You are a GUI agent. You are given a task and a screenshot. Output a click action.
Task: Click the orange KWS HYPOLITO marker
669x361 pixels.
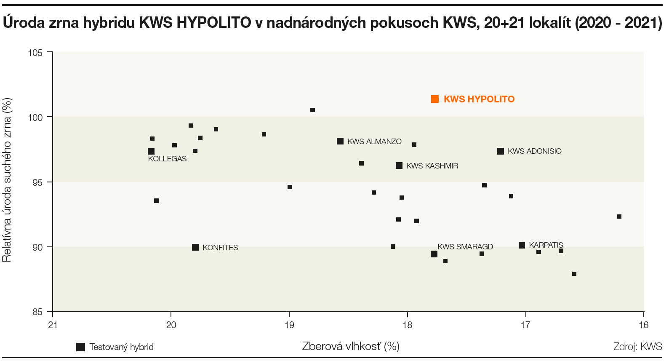435,99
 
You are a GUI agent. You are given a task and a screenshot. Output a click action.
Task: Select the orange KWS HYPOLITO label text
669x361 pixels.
479,99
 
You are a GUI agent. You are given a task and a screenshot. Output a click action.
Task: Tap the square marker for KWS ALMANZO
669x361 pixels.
340,141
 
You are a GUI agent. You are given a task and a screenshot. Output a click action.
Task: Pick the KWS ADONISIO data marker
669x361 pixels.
501,151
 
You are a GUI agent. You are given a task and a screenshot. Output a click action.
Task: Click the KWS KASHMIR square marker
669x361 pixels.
399,166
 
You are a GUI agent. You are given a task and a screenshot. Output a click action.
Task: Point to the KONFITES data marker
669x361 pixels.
195,247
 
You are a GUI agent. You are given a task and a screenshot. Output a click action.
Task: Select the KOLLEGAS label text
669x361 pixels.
167,159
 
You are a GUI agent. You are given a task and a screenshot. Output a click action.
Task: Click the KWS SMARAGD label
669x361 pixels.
465,247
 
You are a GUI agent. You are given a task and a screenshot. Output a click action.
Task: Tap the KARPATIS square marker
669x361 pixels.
522,245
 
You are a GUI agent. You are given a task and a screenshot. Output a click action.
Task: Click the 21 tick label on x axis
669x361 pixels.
53,325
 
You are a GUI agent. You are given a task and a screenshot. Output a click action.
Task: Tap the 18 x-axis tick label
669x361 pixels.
407,325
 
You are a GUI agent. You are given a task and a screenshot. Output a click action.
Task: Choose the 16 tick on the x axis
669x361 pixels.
643,325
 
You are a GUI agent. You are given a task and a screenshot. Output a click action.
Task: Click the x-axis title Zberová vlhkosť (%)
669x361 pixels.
351,346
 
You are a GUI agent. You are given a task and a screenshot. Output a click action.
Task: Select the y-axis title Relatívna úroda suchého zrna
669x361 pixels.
7,180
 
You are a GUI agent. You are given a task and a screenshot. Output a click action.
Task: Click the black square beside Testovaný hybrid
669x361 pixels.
80,347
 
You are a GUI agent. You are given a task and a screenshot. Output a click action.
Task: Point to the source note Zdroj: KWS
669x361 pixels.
637,347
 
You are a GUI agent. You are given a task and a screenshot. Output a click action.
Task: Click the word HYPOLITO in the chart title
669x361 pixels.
214,23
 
